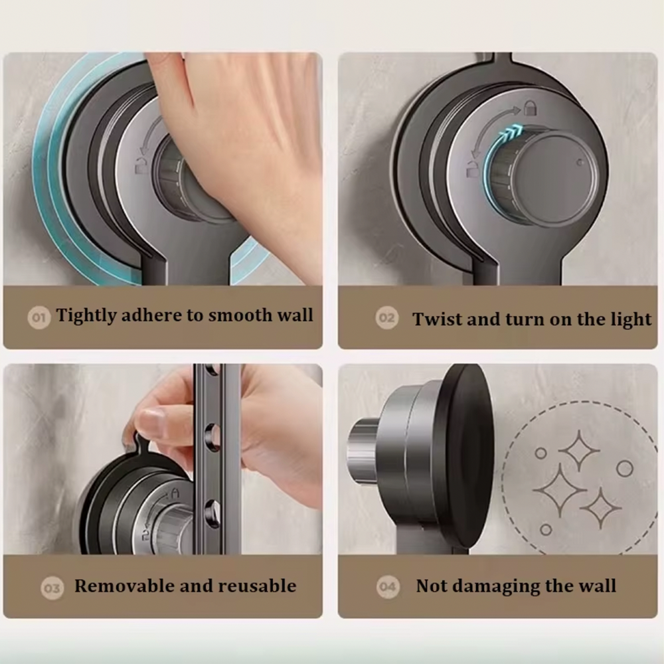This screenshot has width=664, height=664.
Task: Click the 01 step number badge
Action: click(39, 317)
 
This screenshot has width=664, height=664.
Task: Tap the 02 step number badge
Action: click(386, 317)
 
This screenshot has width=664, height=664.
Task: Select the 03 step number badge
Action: click(52, 588)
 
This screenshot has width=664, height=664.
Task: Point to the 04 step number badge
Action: click(388, 587)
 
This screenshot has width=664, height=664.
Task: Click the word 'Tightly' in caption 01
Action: click(86, 316)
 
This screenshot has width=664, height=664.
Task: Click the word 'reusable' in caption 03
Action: click(257, 586)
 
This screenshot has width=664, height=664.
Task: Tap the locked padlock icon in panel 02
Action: click(530, 108)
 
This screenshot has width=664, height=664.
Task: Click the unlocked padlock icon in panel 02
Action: click(473, 167)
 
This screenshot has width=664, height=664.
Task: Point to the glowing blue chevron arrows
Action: click(511, 133)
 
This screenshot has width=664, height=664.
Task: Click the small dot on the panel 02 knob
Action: click(580, 162)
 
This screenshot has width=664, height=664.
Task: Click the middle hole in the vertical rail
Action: click(212, 436)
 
